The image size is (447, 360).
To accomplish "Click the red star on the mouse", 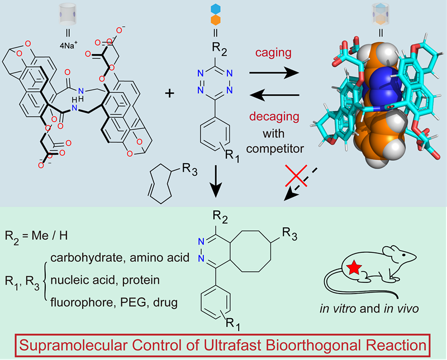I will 354,269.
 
